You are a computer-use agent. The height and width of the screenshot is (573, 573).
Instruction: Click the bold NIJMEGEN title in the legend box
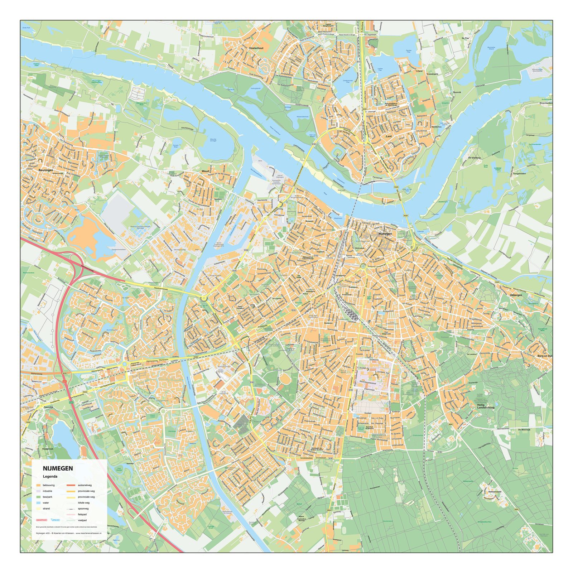58,468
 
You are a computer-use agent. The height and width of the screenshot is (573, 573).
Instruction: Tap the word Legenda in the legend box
50,477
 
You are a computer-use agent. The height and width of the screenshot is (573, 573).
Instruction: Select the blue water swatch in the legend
38,503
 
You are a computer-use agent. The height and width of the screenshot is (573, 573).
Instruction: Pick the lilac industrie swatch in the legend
38,491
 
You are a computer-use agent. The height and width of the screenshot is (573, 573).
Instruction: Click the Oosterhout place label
256,48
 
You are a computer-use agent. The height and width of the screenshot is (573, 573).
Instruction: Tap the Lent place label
389,136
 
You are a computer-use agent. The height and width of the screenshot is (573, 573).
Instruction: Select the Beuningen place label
46,170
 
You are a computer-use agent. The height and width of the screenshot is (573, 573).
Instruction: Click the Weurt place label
205,172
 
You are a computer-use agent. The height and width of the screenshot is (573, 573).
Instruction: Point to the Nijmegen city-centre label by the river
385,233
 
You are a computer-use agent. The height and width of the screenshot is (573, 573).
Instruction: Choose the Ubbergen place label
516,295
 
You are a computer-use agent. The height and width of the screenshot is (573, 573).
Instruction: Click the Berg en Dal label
545,356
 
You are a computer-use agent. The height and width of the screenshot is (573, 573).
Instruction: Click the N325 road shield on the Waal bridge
405,216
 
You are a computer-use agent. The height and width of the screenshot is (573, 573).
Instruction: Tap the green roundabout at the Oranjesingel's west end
363,266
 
